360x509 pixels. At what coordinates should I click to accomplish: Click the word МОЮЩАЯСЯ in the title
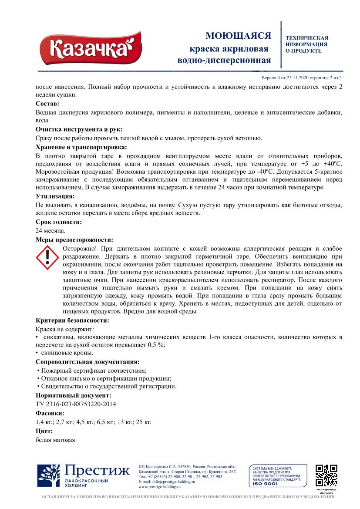pos(238,36)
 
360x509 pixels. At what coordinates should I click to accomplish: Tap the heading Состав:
pos(47,104)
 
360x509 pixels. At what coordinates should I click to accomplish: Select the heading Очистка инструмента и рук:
pos(79,129)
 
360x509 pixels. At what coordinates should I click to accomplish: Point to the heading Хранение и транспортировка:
pos(81,147)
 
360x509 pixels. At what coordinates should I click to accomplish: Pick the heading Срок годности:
pos(58,222)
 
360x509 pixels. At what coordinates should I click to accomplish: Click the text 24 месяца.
pos(50,231)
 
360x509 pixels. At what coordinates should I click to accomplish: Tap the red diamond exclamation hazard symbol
pos(47,257)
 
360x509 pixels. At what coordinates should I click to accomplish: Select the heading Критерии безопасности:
pos(72,320)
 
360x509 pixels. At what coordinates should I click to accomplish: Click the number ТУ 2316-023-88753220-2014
pos(76,404)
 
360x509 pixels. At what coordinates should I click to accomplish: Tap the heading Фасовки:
pos(50,413)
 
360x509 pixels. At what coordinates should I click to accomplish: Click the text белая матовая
pos(55,440)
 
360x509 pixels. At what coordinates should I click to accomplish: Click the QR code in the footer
pos(326,475)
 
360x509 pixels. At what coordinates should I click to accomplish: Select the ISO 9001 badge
pos(277,475)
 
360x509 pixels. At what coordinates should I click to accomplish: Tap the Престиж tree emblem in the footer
pos(48,475)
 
